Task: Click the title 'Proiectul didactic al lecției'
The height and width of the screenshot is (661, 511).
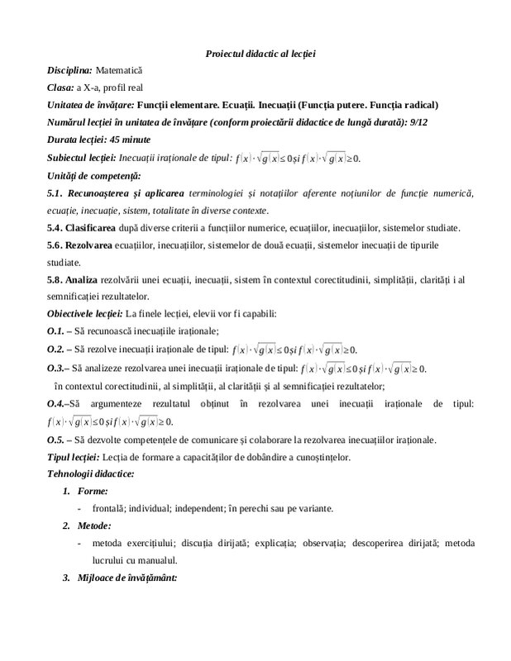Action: coord(260,54)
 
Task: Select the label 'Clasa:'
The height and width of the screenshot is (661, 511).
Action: coord(60,88)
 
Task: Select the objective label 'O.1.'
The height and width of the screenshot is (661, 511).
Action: coord(56,330)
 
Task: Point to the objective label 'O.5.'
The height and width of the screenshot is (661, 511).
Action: coord(56,438)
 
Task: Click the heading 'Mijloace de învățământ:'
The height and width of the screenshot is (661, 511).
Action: coord(126,577)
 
